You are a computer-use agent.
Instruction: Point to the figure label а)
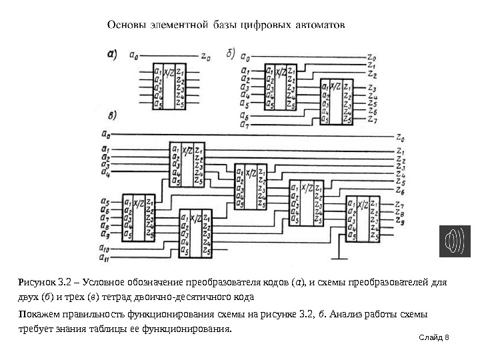[x=115, y=57]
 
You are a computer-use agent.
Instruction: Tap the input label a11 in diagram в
[x=104, y=259]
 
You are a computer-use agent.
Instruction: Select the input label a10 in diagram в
[x=104, y=249]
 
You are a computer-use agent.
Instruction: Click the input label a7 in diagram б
[x=245, y=124]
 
